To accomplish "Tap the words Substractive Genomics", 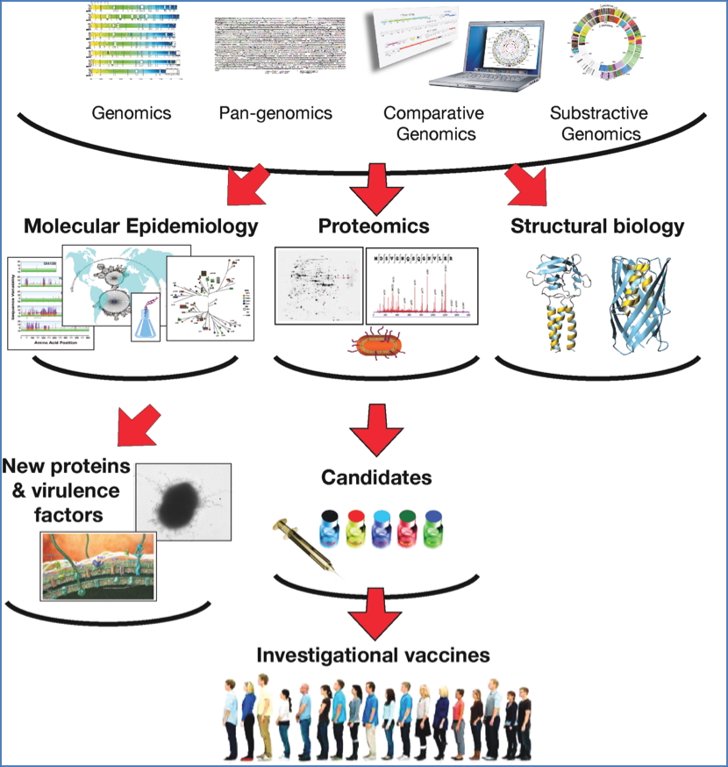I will pos(598,123).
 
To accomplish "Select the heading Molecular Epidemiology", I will pos(141,226).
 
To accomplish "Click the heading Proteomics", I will pos(374,226).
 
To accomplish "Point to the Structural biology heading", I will pos(596,226).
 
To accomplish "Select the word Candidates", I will pos(376,478).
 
